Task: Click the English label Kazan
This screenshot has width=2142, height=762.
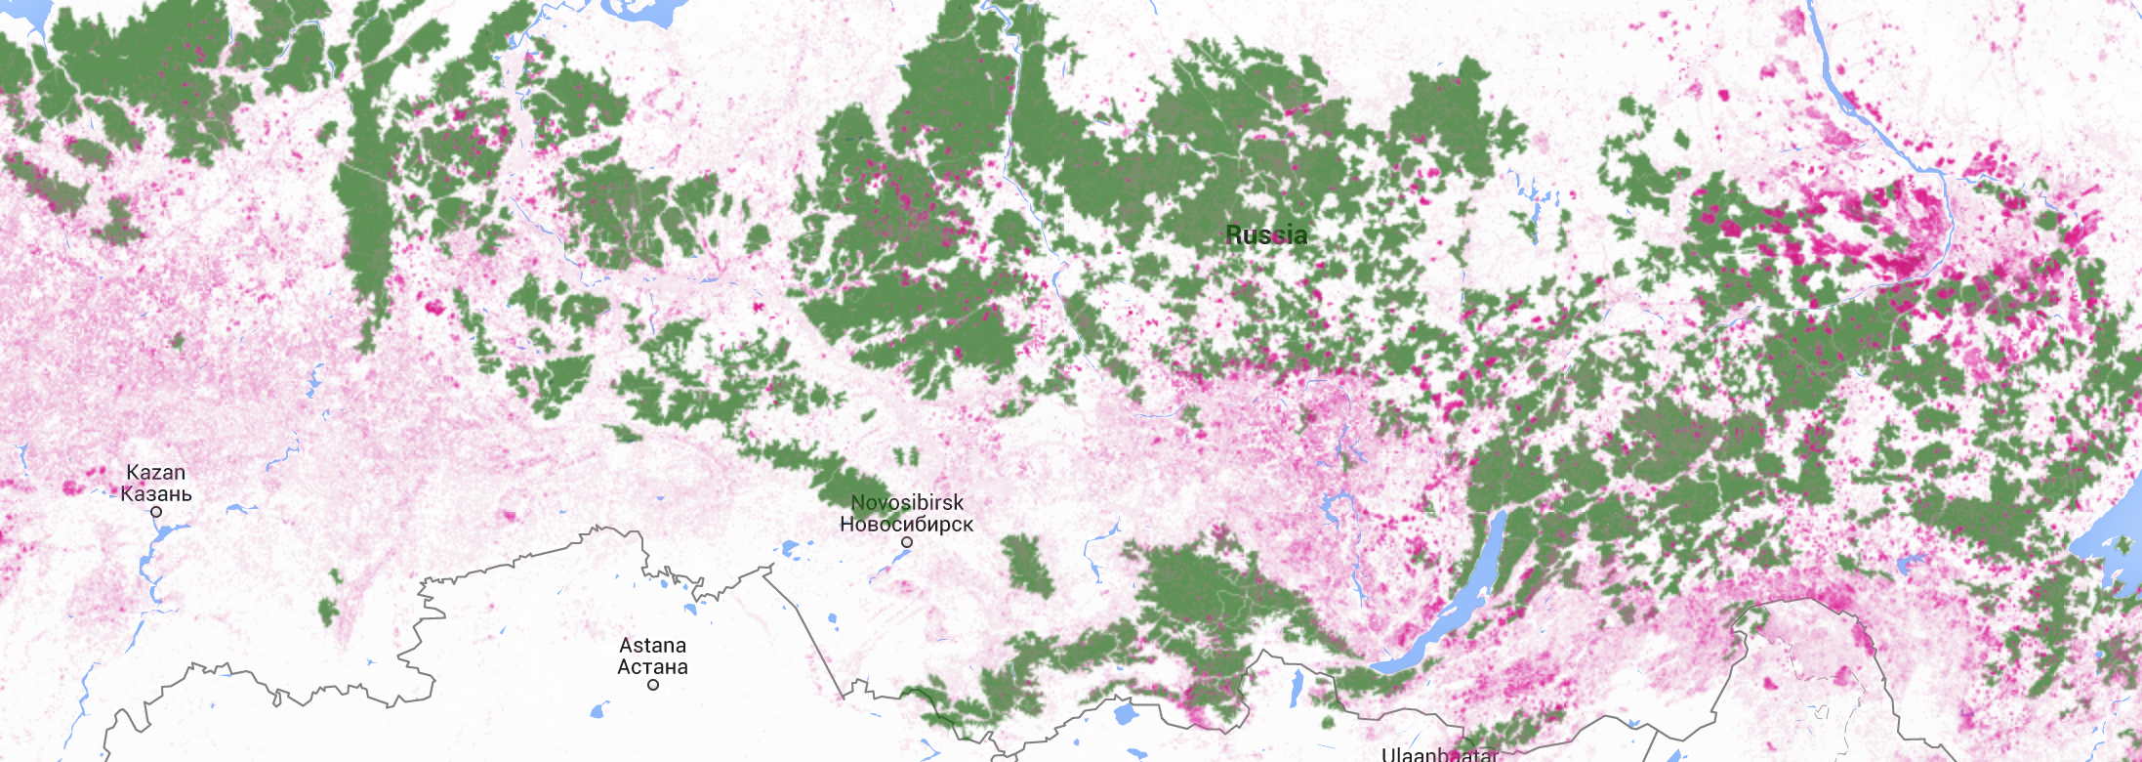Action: click(156, 473)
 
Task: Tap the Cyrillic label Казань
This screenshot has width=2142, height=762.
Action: click(156, 493)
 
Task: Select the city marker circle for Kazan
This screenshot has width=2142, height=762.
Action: click(156, 512)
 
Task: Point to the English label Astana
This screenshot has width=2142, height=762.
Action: click(652, 646)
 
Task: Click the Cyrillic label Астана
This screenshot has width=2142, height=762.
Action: click(652, 667)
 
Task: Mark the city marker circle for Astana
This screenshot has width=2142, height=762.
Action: click(653, 685)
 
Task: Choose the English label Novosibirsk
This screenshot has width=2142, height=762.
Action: click(907, 502)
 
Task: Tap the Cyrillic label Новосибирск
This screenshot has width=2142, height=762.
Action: click(907, 524)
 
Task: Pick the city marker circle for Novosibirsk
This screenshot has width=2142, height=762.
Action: click(907, 542)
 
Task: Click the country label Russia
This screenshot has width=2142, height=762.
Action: click(1266, 234)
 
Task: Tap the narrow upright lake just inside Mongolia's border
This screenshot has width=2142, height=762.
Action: click(1297, 686)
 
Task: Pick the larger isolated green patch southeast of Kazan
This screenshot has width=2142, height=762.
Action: click(328, 611)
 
